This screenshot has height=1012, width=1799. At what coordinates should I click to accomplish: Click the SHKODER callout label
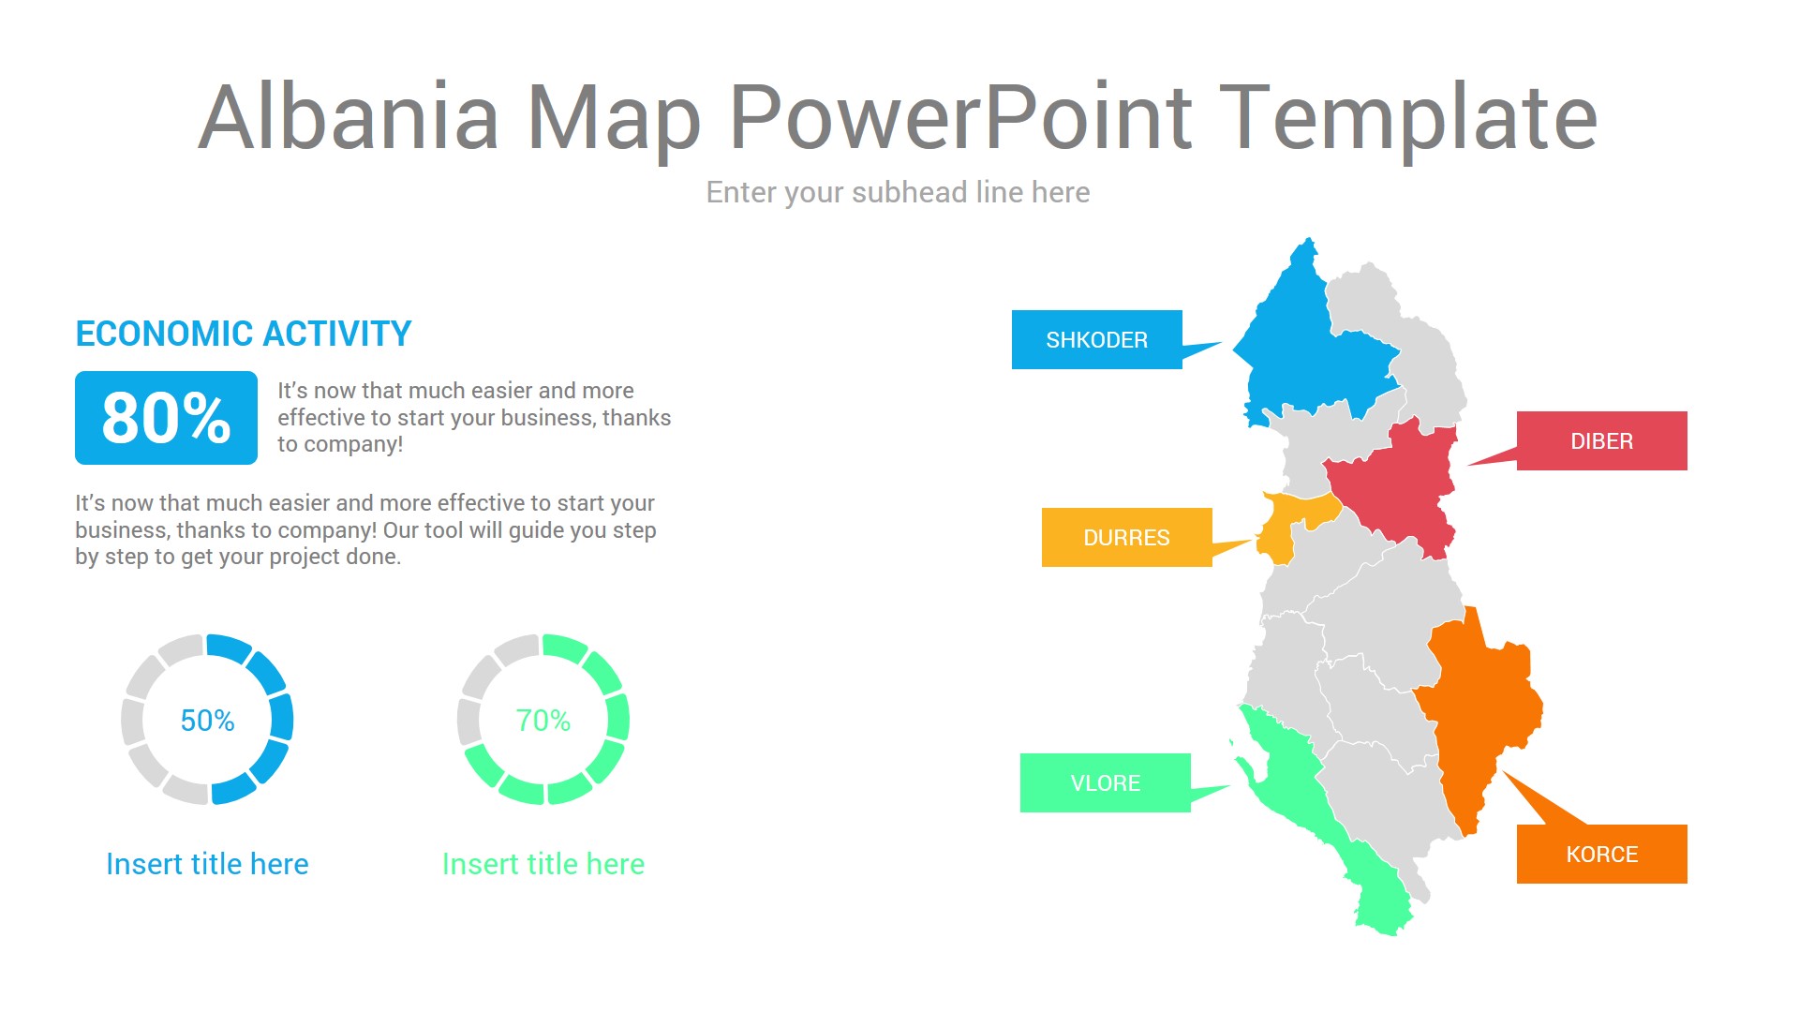1096,339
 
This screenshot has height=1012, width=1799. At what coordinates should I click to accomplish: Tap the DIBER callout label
1601,440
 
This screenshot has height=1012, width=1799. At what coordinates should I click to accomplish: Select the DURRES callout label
1126,537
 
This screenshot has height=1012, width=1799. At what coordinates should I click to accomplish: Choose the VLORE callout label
1105,782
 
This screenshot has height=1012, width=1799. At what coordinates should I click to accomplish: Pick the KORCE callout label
1601,854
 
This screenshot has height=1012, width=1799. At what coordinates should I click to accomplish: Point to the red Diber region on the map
1396,487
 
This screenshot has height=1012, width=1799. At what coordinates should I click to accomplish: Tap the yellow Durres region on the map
1288,525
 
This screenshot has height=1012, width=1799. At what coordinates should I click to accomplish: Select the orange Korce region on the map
1480,712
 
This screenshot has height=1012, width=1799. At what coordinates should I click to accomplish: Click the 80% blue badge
166,418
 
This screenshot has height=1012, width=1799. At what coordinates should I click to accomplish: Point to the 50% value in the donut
207,720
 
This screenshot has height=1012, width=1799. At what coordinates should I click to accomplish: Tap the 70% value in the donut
543,720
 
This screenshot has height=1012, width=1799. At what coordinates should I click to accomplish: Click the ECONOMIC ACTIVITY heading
244,334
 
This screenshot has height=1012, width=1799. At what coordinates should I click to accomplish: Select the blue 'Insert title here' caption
207,863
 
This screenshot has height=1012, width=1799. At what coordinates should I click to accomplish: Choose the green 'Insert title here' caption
543,863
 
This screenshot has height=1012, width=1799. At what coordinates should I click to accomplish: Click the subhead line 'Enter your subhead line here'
898,192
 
